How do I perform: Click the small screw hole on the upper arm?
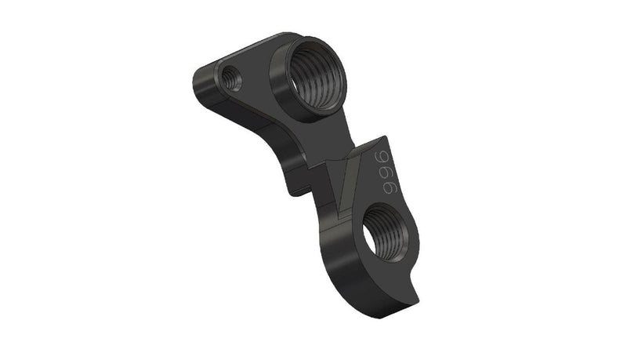[x=231, y=76]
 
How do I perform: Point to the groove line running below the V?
[x=345, y=227]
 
